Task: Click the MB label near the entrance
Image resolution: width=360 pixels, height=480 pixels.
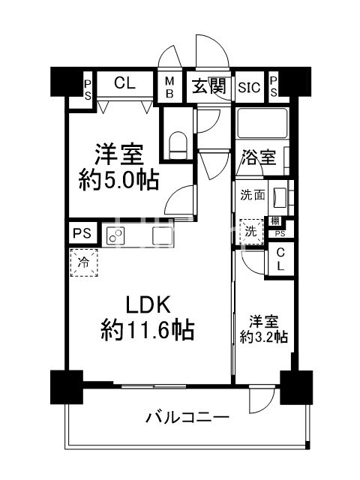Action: tap(169, 87)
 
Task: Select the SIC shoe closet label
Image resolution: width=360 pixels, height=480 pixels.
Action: tap(249, 87)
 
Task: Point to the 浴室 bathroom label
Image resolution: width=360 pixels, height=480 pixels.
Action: tap(257, 158)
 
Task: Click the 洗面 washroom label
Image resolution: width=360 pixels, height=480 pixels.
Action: tap(251, 196)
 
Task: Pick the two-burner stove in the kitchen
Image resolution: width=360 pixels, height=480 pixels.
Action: tap(116, 235)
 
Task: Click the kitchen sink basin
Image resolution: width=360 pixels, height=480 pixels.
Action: tap(163, 235)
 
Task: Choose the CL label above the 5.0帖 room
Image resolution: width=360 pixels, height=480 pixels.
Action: tap(124, 84)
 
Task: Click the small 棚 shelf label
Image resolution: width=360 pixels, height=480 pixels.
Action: tap(276, 222)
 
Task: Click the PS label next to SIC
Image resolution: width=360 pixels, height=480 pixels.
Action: tap(274, 86)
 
